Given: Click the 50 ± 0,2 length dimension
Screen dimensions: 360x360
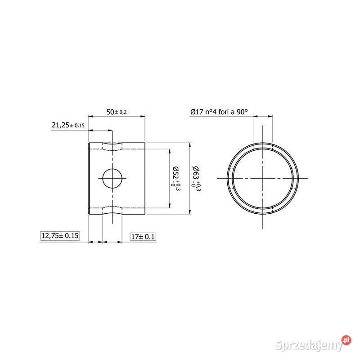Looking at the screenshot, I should [x=117, y=112].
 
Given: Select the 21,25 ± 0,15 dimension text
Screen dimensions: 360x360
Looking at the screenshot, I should [x=68, y=126].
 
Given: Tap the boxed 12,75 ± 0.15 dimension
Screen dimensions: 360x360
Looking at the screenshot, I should [x=60, y=236].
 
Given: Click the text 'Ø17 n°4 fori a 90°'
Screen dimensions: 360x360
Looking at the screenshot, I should [x=219, y=112].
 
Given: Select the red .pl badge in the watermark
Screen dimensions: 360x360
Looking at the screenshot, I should [x=346, y=340].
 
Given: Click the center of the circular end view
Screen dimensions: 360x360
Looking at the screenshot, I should [x=263, y=178].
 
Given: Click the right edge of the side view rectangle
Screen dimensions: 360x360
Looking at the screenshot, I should [x=145, y=178].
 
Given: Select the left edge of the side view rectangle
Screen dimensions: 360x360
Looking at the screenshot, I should [x=88, y=178].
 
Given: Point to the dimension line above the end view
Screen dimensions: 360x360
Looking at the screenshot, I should [x=263, y=117].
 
